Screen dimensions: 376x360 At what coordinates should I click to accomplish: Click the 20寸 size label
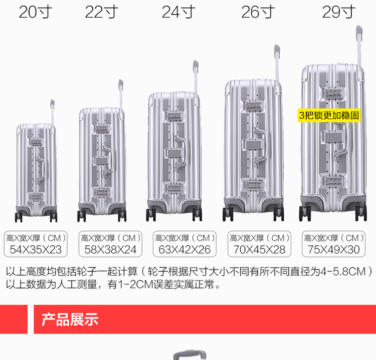(x=36, y=11)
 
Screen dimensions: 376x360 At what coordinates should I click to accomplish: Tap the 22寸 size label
(x=102, y=11)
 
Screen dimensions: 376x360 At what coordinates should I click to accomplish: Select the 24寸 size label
(x=178, y=11)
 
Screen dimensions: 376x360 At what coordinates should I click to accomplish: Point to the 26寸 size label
(x=258, y=11)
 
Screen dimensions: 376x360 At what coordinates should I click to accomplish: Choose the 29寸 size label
(x=338, y=11)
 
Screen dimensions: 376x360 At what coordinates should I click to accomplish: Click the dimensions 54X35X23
(x=36, y=249)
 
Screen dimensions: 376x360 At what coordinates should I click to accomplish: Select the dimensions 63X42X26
(x=184, y=249)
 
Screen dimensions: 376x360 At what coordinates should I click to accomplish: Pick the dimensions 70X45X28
(x=260, y=249)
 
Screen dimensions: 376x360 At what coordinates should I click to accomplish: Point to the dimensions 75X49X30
(x=333, y=249)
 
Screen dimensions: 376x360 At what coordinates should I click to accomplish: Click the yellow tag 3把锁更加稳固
(x=329, y=115)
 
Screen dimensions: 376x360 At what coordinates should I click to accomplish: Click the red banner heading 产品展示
(x=70, y=319)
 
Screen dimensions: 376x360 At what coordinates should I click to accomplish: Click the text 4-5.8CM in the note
(x=345, y=272)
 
